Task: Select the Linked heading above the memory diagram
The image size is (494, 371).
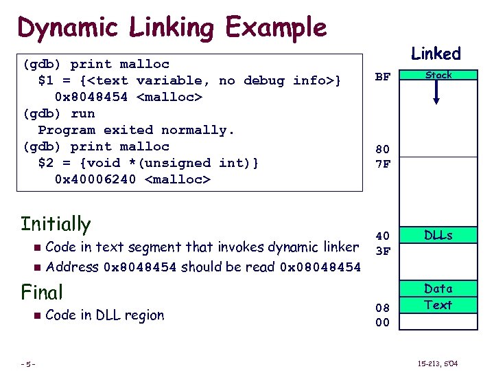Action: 436,54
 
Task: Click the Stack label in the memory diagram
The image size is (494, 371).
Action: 438,75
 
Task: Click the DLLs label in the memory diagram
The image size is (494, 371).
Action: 438,235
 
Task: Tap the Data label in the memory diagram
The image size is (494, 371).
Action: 438,289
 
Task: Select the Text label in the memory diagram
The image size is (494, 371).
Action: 438,304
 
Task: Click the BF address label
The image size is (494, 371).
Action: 382,78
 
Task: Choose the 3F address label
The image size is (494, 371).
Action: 382,251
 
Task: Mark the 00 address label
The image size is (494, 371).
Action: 382,322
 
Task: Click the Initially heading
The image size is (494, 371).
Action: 56,224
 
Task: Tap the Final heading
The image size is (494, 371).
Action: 42,292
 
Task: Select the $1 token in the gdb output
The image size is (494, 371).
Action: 46,80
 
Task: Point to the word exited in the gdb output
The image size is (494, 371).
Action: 128,130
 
